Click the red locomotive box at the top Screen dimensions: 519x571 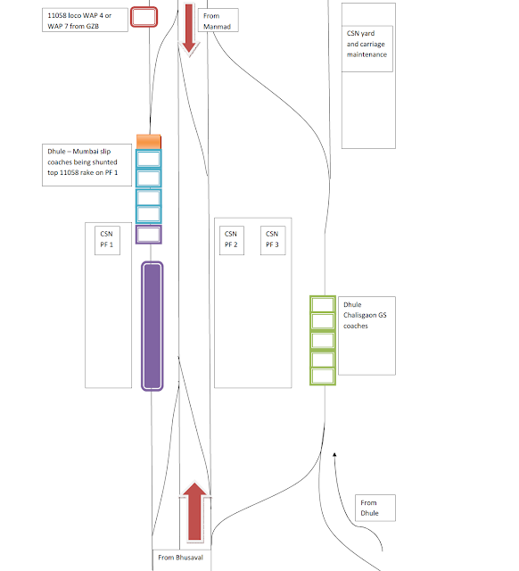coord(144,17)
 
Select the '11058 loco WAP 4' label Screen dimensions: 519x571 coord(85,21)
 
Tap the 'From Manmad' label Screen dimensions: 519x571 coord(218,21)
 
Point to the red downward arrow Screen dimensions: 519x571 coord(188,29)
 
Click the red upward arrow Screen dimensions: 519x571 coord(194,511)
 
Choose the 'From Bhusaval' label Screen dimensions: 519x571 coord(181,558)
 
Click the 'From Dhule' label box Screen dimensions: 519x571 coord(375,508)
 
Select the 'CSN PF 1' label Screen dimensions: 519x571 coord(107,240)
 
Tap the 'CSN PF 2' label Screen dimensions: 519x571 coord(232,240)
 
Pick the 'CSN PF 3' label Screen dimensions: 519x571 coord(273,240)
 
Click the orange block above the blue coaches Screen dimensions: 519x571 coord(149,142)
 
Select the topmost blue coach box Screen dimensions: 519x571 coord(149,159)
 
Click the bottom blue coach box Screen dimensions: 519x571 coord(149,214)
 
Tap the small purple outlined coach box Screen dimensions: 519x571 coord(149,235)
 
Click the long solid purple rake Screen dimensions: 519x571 coord(152,326)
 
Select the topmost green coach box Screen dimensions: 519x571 coord(323,304)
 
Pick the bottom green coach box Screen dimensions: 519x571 coord(323,377)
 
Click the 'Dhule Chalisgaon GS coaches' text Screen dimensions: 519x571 coord(365,315)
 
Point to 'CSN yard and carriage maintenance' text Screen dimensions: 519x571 coord(367,44)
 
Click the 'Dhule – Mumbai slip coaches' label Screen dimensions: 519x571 coord(83,162)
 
